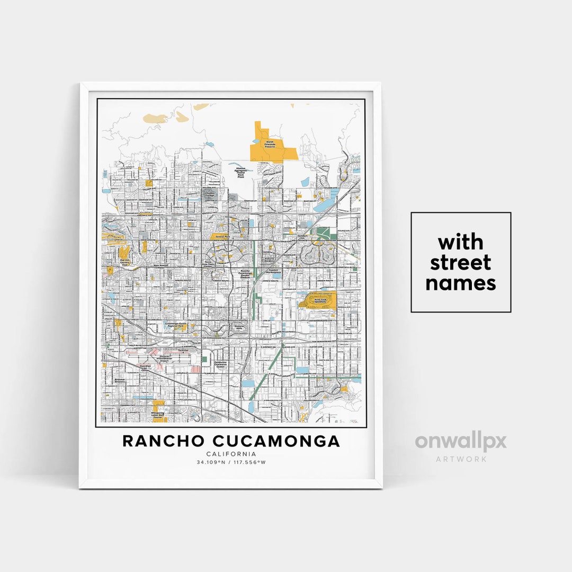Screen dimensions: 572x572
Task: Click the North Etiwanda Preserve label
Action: click(x=271, y=144)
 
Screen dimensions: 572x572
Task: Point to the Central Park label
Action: click(x=219, y=236)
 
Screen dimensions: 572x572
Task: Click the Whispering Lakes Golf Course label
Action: click(x=157, y=416)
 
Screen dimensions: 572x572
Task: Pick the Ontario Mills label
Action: click(x=239, y=327)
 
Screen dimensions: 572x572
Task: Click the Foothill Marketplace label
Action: click(x=274, y=270)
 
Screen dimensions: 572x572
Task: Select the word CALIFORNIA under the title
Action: click(x=231, y=454)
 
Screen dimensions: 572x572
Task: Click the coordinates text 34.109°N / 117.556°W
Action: click(x=231, y=462)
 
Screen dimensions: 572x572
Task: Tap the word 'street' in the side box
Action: click(x=461, y=263)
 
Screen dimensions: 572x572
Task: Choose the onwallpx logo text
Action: click(x=461, y=442)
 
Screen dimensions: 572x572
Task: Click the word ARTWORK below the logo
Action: click(x=461, y=459)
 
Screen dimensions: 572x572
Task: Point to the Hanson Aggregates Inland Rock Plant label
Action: click(x=244, y=173)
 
